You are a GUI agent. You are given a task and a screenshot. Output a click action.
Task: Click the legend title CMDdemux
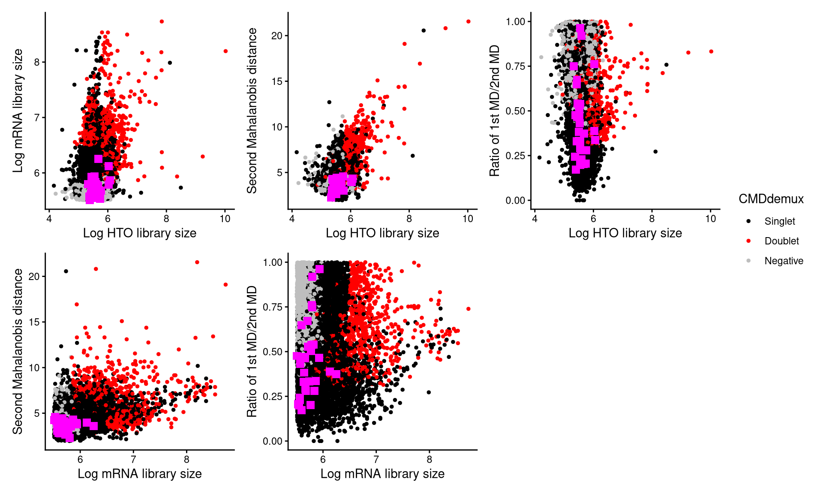click(x=771, y=199)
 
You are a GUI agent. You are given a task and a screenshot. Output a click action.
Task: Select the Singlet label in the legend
click(x=779, y=221)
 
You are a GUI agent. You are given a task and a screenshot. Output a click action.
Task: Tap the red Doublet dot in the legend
click(x=748, y=241)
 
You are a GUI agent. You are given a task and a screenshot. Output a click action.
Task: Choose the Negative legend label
click(x=784, y=261)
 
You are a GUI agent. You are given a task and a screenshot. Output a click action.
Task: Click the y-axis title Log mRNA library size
click(x=18, y=111)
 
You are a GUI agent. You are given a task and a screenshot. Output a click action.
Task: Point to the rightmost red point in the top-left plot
click(x=225, y=51)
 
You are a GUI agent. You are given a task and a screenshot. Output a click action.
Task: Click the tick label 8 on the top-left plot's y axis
click(x=37, y=63)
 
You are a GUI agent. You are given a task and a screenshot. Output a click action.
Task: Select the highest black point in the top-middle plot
click(x=424, y=30)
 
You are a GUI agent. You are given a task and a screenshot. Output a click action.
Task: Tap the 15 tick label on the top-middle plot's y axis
click(x=277, y=81)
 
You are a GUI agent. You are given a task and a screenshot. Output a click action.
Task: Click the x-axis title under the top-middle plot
click(x=382, y=233)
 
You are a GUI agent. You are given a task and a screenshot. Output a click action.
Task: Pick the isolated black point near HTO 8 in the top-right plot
click(x=655, y=151)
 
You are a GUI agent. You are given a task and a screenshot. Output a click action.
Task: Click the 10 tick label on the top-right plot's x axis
click(x=710, y=219)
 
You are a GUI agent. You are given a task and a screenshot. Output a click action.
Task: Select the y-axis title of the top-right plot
click(x=495, y=111)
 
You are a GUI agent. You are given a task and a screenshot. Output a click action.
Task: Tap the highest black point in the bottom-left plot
click(x=66, y=271)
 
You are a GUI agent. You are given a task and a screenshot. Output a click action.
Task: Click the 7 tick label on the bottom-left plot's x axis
click(x=133, y=460)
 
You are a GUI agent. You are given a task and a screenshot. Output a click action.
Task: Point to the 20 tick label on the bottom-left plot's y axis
click(x=34, y=277)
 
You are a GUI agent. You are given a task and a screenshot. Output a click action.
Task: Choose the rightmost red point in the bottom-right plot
click(x=468, y=309)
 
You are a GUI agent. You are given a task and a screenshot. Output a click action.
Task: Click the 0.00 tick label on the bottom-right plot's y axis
click(x=273, y=441)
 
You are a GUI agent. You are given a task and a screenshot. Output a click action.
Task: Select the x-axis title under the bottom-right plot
click(x=382, y=474)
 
